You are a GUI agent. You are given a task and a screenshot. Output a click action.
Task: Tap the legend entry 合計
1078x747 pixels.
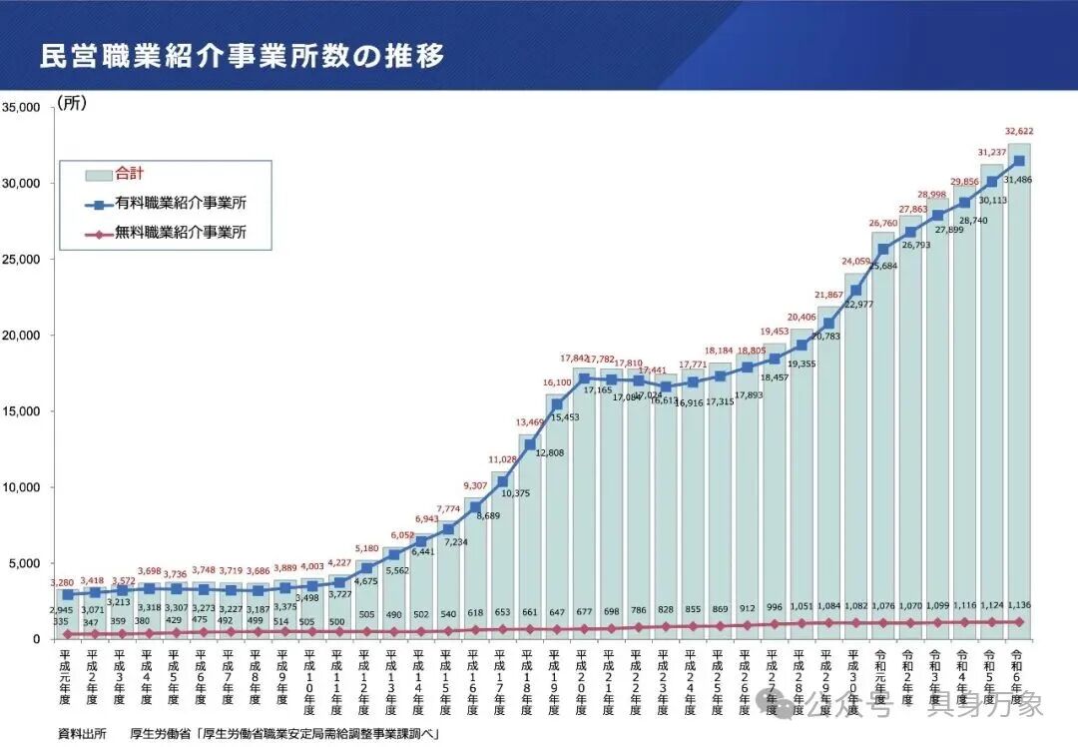pyautogui.click(x=130, y=174)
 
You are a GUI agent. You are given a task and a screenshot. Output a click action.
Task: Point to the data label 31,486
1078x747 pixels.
pyautogui.click(x=1019, y=179)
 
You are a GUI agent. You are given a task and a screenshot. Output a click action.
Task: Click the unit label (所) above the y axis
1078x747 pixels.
pyautogui.click(x=72, y=103)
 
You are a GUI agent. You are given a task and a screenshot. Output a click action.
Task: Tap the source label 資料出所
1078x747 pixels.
pyautogui.click(x=82, y=733)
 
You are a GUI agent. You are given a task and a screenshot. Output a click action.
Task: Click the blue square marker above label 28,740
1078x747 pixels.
pyautogui.click(x=964, y=203)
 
